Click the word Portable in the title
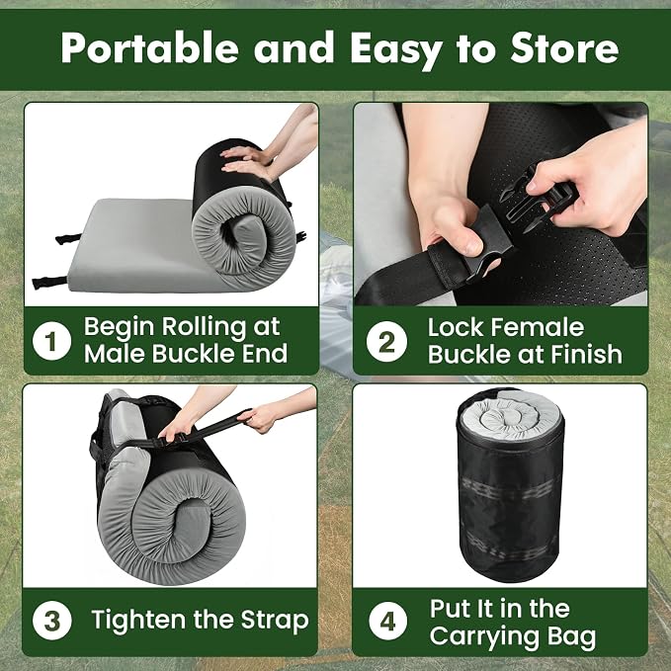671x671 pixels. click(x=150, y=47)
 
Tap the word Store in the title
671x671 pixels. click(x=564, y=47)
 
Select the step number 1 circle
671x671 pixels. click(x=51, y=341)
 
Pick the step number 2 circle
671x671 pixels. click(x=386, y=342)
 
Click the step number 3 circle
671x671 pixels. click(x=52, y=621)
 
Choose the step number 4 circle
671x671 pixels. click(x=387, y=621)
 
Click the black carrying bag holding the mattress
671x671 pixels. click(x=510, y=485)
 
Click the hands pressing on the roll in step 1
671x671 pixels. click(x=248, y=160)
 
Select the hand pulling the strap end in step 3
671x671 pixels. click(x=259, y=419)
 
